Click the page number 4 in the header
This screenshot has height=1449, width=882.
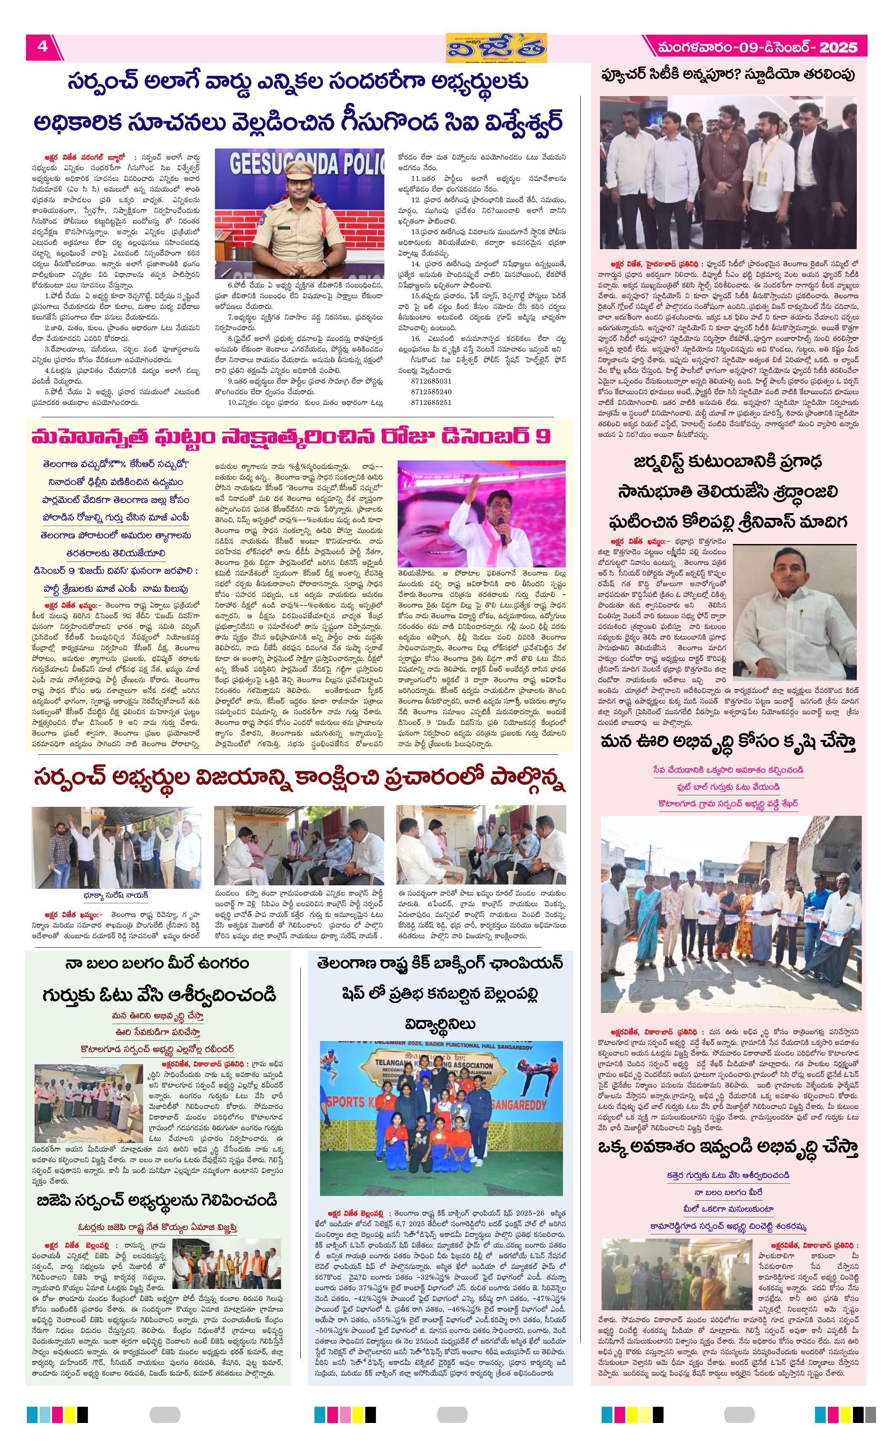pyautogui.click(x=42, y=46)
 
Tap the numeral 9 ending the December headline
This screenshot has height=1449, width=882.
pyautogui.click(x=543, y=436)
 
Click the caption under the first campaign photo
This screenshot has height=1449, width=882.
pyautogui.click(x=115, y=895)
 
